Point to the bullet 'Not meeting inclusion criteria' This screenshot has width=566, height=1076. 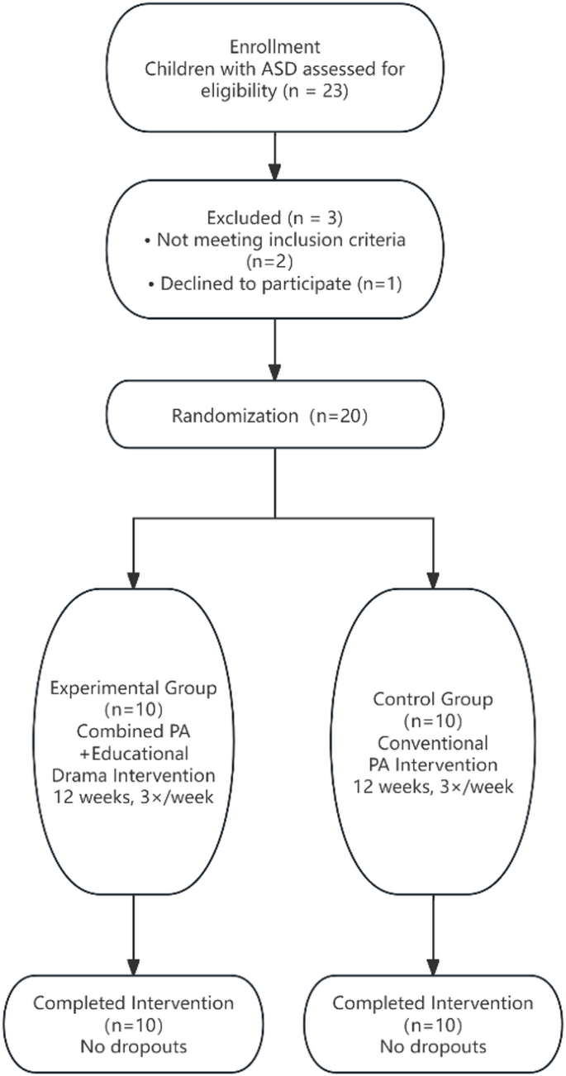tap(278, 244)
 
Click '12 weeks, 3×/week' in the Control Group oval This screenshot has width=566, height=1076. tap(432, 786)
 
